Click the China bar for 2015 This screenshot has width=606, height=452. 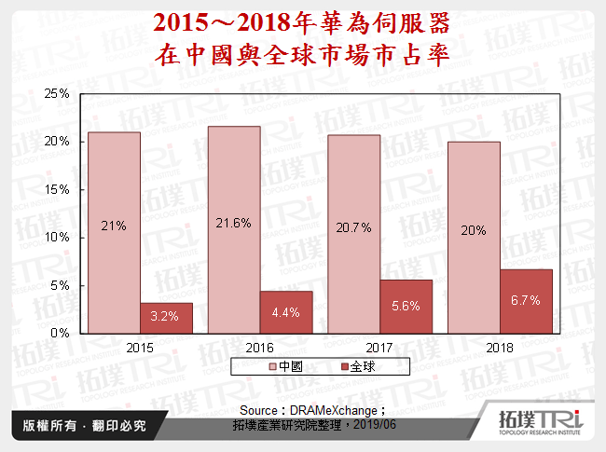tap(114, 232)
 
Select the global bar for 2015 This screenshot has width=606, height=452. tap(167, 318)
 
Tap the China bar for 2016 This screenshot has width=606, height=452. tap(234, 229)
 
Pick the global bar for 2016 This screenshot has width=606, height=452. tap(286, 312)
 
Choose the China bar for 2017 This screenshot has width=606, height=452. tap(353, 234)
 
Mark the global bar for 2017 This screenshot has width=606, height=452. tap(406, 306)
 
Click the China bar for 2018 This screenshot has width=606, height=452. tap(474, 237)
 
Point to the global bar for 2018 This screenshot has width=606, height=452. tap(526, 301)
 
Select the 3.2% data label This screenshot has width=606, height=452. tap(167, 316)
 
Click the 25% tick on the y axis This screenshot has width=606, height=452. tap(58, 94)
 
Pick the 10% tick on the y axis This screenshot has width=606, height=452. tap(58, 238)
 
